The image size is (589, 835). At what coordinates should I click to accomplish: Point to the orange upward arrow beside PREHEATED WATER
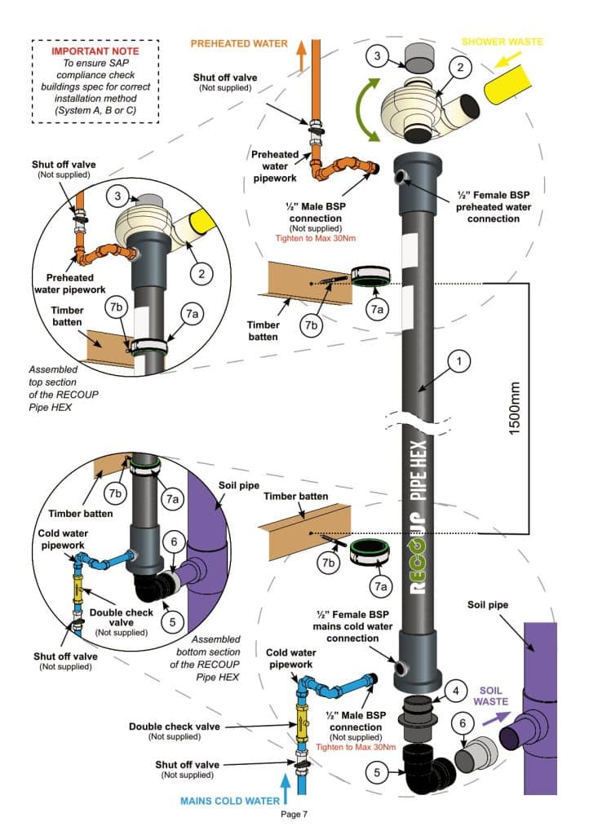coord(301,55)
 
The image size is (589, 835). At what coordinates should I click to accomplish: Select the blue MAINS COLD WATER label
coord(229,801)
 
